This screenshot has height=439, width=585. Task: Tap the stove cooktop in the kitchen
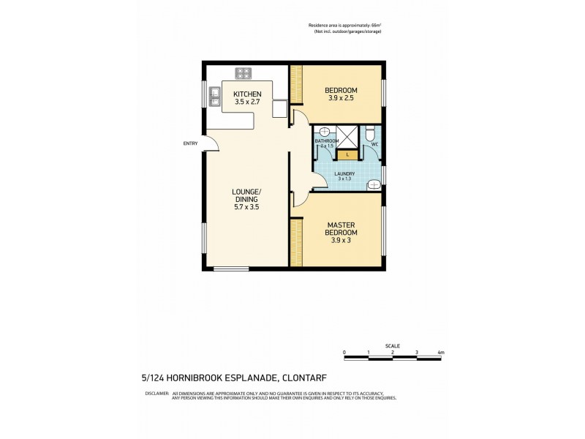point(244,73)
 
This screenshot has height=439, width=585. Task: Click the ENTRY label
point(190,143)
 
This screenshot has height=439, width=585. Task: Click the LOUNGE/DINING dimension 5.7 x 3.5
point(246,207)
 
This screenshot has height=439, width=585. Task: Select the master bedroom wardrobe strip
point(296,242)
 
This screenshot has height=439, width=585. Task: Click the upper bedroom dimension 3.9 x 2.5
point(340,99)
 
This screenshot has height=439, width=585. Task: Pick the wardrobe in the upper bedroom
point(296,85)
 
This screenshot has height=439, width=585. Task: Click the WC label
point(374,145)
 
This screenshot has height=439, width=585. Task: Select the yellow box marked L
point(348,154)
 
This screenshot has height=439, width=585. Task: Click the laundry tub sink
point(373,185)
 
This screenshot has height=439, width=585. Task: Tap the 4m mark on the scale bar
point(440,352)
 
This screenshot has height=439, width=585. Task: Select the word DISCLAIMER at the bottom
point(156,394)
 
